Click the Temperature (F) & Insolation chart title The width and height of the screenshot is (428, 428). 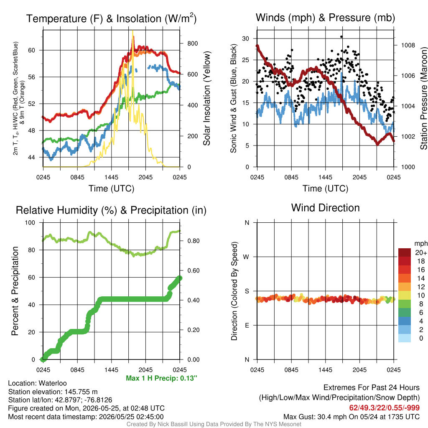(x=111, y=18)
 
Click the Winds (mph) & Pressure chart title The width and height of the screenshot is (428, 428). (x=325, y=18)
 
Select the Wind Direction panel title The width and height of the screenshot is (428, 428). (x=325, y=208)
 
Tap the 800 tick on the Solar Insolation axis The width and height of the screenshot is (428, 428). (x=192, y=43)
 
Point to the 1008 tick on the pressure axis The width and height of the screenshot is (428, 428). (x=408, y=45)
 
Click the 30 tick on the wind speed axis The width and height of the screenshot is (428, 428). (x=246, y=38)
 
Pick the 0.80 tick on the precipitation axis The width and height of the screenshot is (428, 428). (x=193, y=241)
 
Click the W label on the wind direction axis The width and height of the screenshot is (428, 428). (x=246, y=257)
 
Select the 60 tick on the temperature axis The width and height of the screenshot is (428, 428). (x=32, y=50)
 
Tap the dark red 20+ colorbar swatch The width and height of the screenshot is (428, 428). (x=405, y=252)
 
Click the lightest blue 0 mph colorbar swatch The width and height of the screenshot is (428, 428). (x=405, y=338)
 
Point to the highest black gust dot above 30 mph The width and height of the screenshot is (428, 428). (x=341, y=37)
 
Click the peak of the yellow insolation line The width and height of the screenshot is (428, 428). (x=132, y=31)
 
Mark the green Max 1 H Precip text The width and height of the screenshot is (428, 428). (x=161, y=378)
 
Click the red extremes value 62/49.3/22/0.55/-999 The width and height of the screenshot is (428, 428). (x=385, y=408)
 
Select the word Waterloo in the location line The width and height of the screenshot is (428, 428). (x=53, y=383)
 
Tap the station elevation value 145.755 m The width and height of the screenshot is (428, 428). (x=81, y=392)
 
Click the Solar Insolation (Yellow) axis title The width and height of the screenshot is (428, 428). (x=206, y=98)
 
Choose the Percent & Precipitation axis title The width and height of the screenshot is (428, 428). (x=15, y=291)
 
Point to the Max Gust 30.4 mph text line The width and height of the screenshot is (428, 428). (x=351, y=417)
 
